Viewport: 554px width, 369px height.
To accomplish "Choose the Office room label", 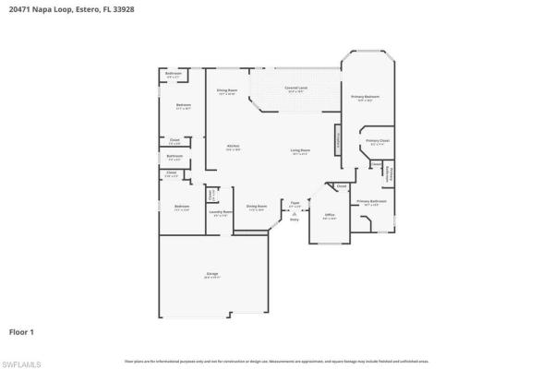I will point(330,216).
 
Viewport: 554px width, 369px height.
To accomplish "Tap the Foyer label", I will point(295,204).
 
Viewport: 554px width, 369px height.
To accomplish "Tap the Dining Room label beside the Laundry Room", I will point(256,208).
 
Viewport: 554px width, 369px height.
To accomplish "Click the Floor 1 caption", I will point(23,329).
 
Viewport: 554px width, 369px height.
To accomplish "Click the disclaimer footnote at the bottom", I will point(276,360).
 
